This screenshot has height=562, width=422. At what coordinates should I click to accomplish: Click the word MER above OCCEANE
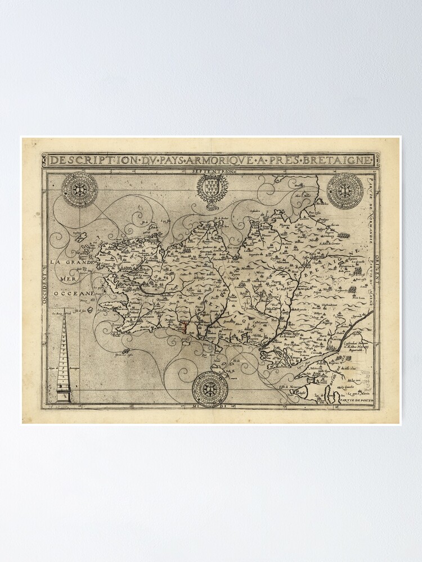68,278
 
